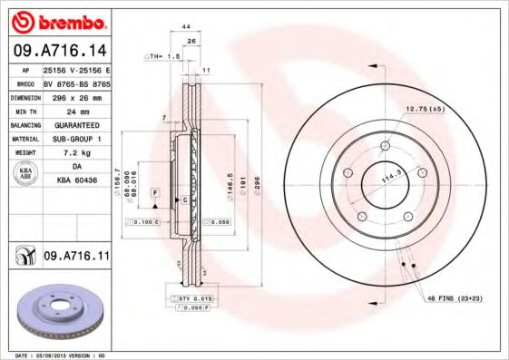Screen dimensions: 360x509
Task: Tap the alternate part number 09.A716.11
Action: tap(76, 257)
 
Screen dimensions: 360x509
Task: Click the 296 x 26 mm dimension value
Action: tap(77, 96)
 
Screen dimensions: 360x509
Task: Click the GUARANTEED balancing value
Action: tap(77, 125)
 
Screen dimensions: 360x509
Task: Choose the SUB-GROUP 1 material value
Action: tap(77, 140)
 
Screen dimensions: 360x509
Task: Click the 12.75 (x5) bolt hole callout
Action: tap(426, 110)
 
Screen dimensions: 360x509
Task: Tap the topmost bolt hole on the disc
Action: tap(386, 143)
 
